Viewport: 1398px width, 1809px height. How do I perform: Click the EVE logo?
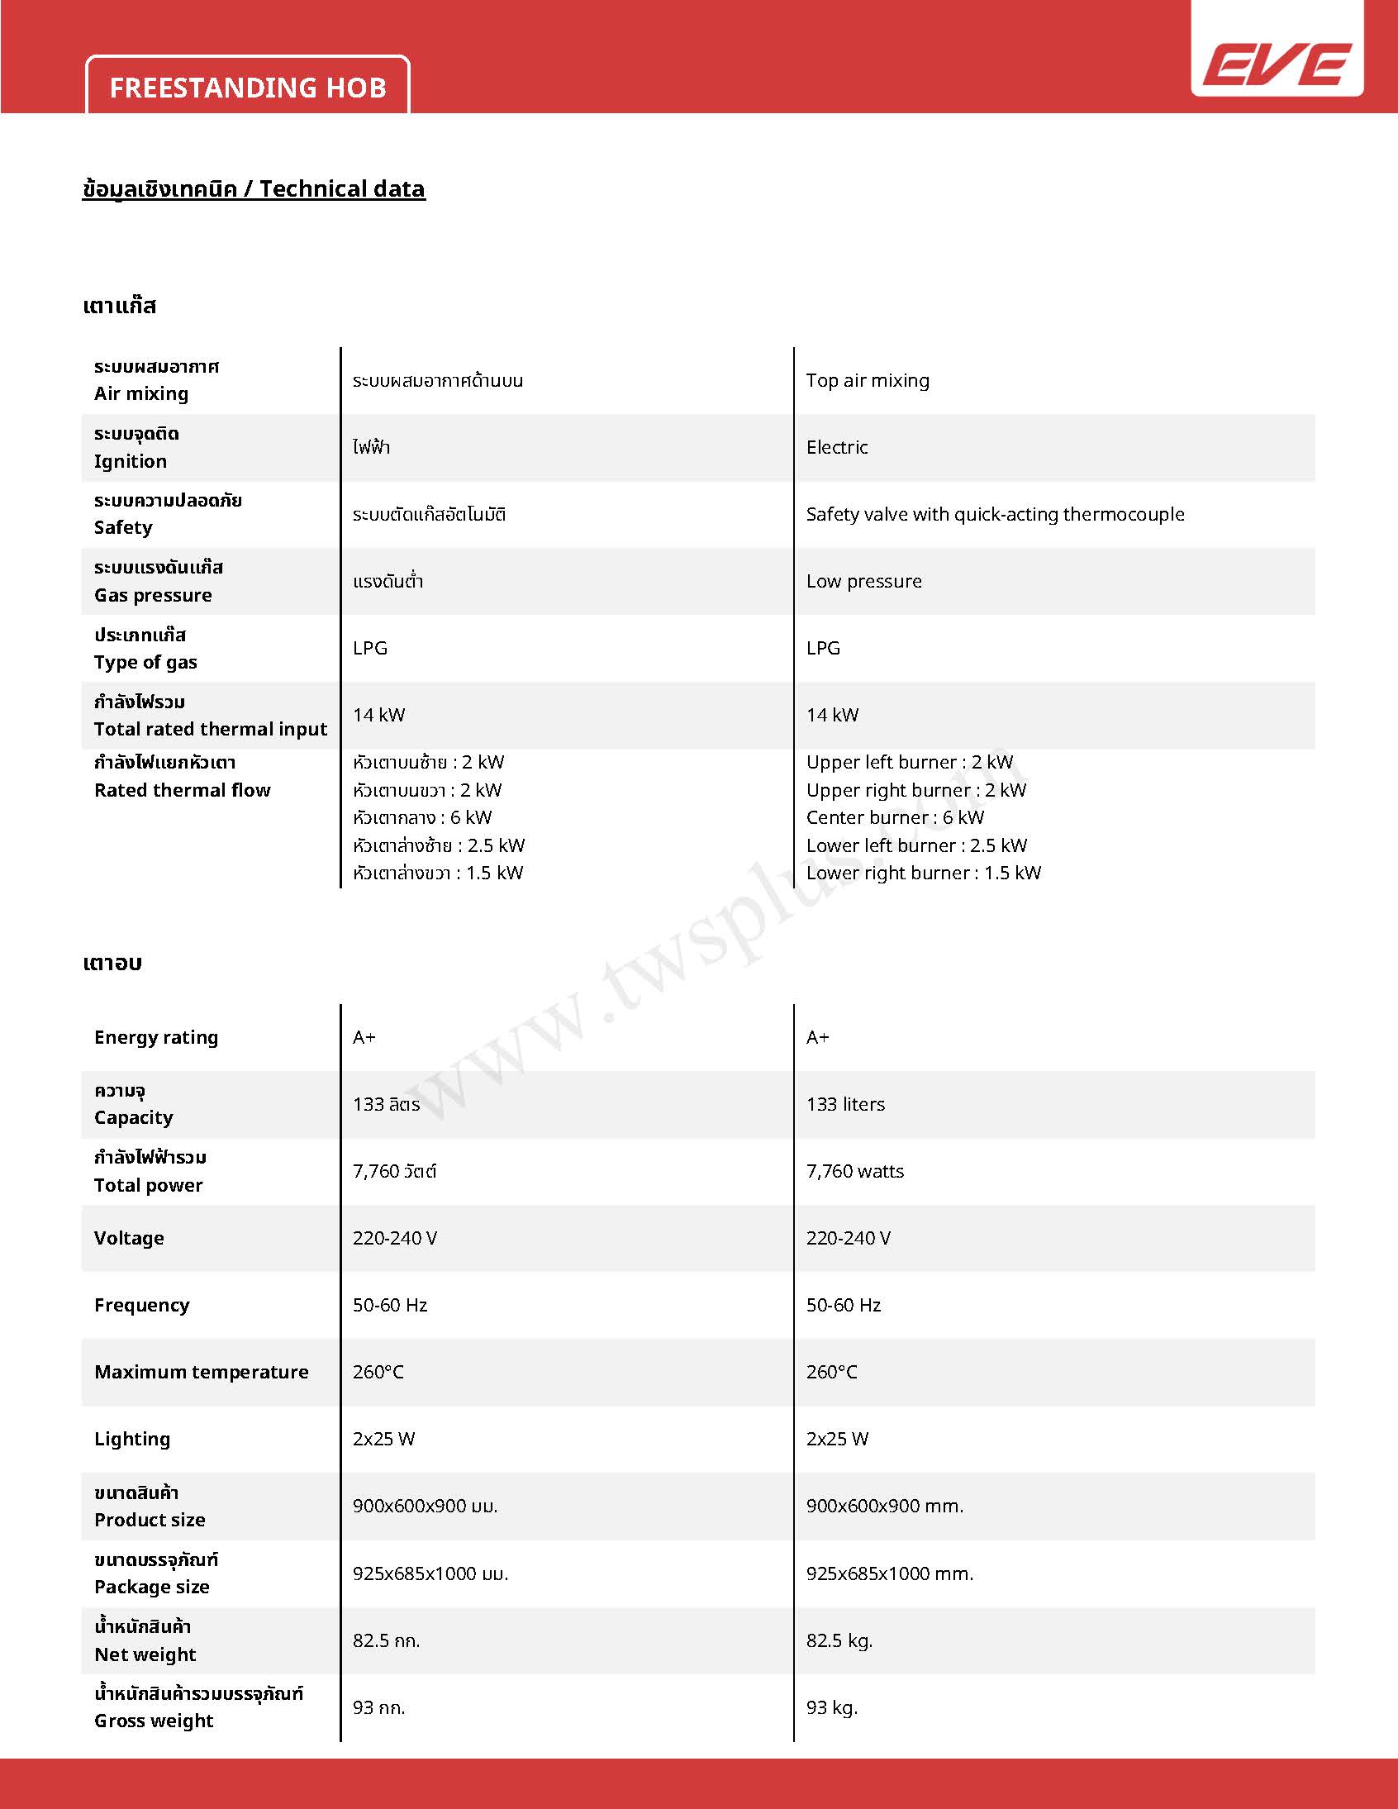click(x=1277, y=64)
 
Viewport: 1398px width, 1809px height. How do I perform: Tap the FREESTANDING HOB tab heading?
click(x=248, y=88)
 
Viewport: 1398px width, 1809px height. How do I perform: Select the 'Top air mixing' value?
click(x=867, y=380)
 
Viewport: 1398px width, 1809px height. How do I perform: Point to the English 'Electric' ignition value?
click(x=836, y=447)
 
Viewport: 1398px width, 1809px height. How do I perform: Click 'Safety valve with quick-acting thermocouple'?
click(x=995, y=514)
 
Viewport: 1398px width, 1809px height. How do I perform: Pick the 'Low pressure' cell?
click(x=863, y=582)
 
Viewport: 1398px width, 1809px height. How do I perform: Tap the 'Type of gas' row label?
click(x=145, y=662)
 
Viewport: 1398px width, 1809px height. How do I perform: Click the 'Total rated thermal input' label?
click(x=211, y=729)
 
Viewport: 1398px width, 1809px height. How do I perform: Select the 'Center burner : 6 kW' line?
click(x=895, y=817)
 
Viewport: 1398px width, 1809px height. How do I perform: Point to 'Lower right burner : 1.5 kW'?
click(x=924, y=873)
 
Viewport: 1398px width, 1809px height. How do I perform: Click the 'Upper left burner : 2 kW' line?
click(x=909, y=762)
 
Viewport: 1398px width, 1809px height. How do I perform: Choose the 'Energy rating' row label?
click(x=155, y=1037)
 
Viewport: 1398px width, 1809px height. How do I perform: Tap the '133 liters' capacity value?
click(x=844, y=1104)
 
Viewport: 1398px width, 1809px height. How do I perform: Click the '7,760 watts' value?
click(x=854, y=1171)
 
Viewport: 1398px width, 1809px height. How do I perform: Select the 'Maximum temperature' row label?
click(x=202, y=1372)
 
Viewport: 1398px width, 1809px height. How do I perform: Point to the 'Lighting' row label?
click(x=132, y=1439)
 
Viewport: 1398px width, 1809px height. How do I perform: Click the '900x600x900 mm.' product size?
click(x=885, y=1506)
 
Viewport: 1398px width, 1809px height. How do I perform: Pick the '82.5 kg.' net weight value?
click(x=839, y=1640)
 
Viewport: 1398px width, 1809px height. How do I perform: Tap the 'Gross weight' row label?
click(x=154, y=1721)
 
